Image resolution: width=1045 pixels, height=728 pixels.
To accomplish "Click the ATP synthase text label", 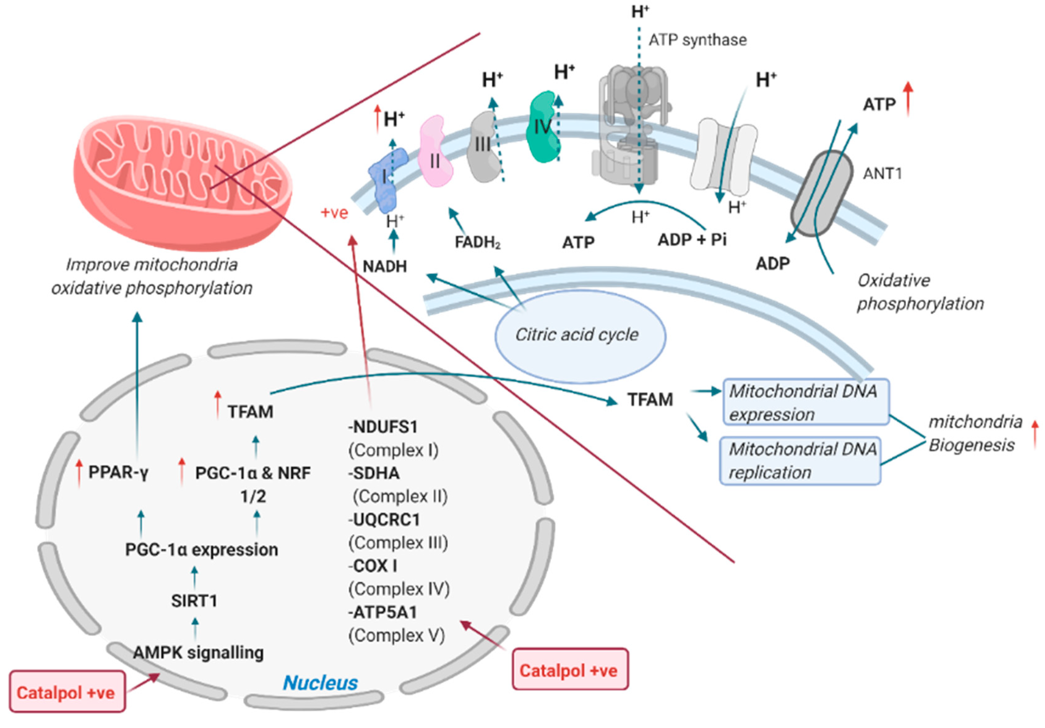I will click(697, 40).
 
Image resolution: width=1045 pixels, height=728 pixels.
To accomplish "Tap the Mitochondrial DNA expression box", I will click(805, 402).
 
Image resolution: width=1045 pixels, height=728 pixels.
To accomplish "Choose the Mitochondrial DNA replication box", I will click(800, 461).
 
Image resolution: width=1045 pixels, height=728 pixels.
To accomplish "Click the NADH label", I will click(385, 266).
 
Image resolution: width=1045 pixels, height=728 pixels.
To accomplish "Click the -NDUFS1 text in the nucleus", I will click(383, 427).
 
